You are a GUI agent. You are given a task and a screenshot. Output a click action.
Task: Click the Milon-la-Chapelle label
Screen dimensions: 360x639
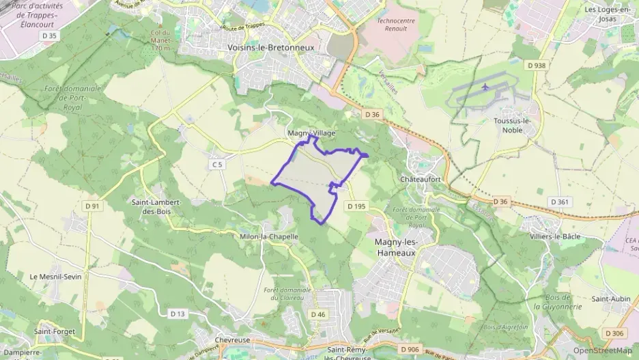tap(269, 236)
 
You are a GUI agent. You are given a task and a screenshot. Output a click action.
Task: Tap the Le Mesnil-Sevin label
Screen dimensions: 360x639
tap(55, 277)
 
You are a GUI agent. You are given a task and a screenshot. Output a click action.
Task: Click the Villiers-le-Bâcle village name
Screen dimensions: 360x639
tap(555, 236)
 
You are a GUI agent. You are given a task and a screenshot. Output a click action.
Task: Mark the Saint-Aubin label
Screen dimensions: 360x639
tap(610, 299)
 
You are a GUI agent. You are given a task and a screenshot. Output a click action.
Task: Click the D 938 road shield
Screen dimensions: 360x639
tap(537, 66)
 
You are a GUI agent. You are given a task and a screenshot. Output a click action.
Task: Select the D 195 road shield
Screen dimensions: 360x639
tap(356, 206)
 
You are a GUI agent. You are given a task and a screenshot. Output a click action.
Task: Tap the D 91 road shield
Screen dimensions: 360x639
tap(92, 206)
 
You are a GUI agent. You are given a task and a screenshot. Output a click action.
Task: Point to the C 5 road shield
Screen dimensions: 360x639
tap(217, 165)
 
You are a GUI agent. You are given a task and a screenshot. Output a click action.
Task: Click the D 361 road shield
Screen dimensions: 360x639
tap(559, 202)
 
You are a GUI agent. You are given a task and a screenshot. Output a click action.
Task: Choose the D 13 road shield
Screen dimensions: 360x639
tap(177, 314)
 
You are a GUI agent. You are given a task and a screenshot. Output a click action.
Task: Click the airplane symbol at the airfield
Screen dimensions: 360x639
tap(485, 87)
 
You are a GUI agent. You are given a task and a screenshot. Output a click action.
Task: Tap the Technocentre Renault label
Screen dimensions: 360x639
tap(397, 25)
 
